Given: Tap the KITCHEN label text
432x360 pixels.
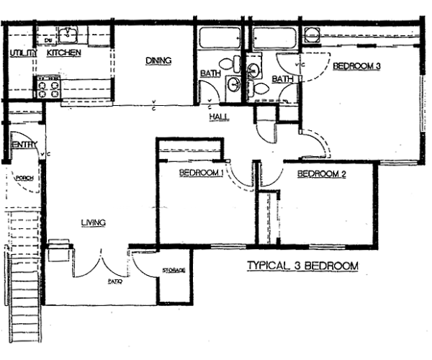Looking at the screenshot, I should click(63, 53).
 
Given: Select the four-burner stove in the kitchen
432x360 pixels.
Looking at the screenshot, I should click(48, 88).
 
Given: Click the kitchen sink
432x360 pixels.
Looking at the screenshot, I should click(71, 34).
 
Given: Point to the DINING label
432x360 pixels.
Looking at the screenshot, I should click(158, 61).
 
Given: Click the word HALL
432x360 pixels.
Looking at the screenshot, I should click(219, 117).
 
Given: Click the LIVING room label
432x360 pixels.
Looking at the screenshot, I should click(94, 222).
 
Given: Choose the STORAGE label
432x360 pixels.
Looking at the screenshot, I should click(174, 270).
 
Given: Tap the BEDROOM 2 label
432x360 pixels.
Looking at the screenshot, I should click(322, 174).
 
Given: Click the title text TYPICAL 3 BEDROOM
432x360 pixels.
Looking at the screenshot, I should click(302, 266).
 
